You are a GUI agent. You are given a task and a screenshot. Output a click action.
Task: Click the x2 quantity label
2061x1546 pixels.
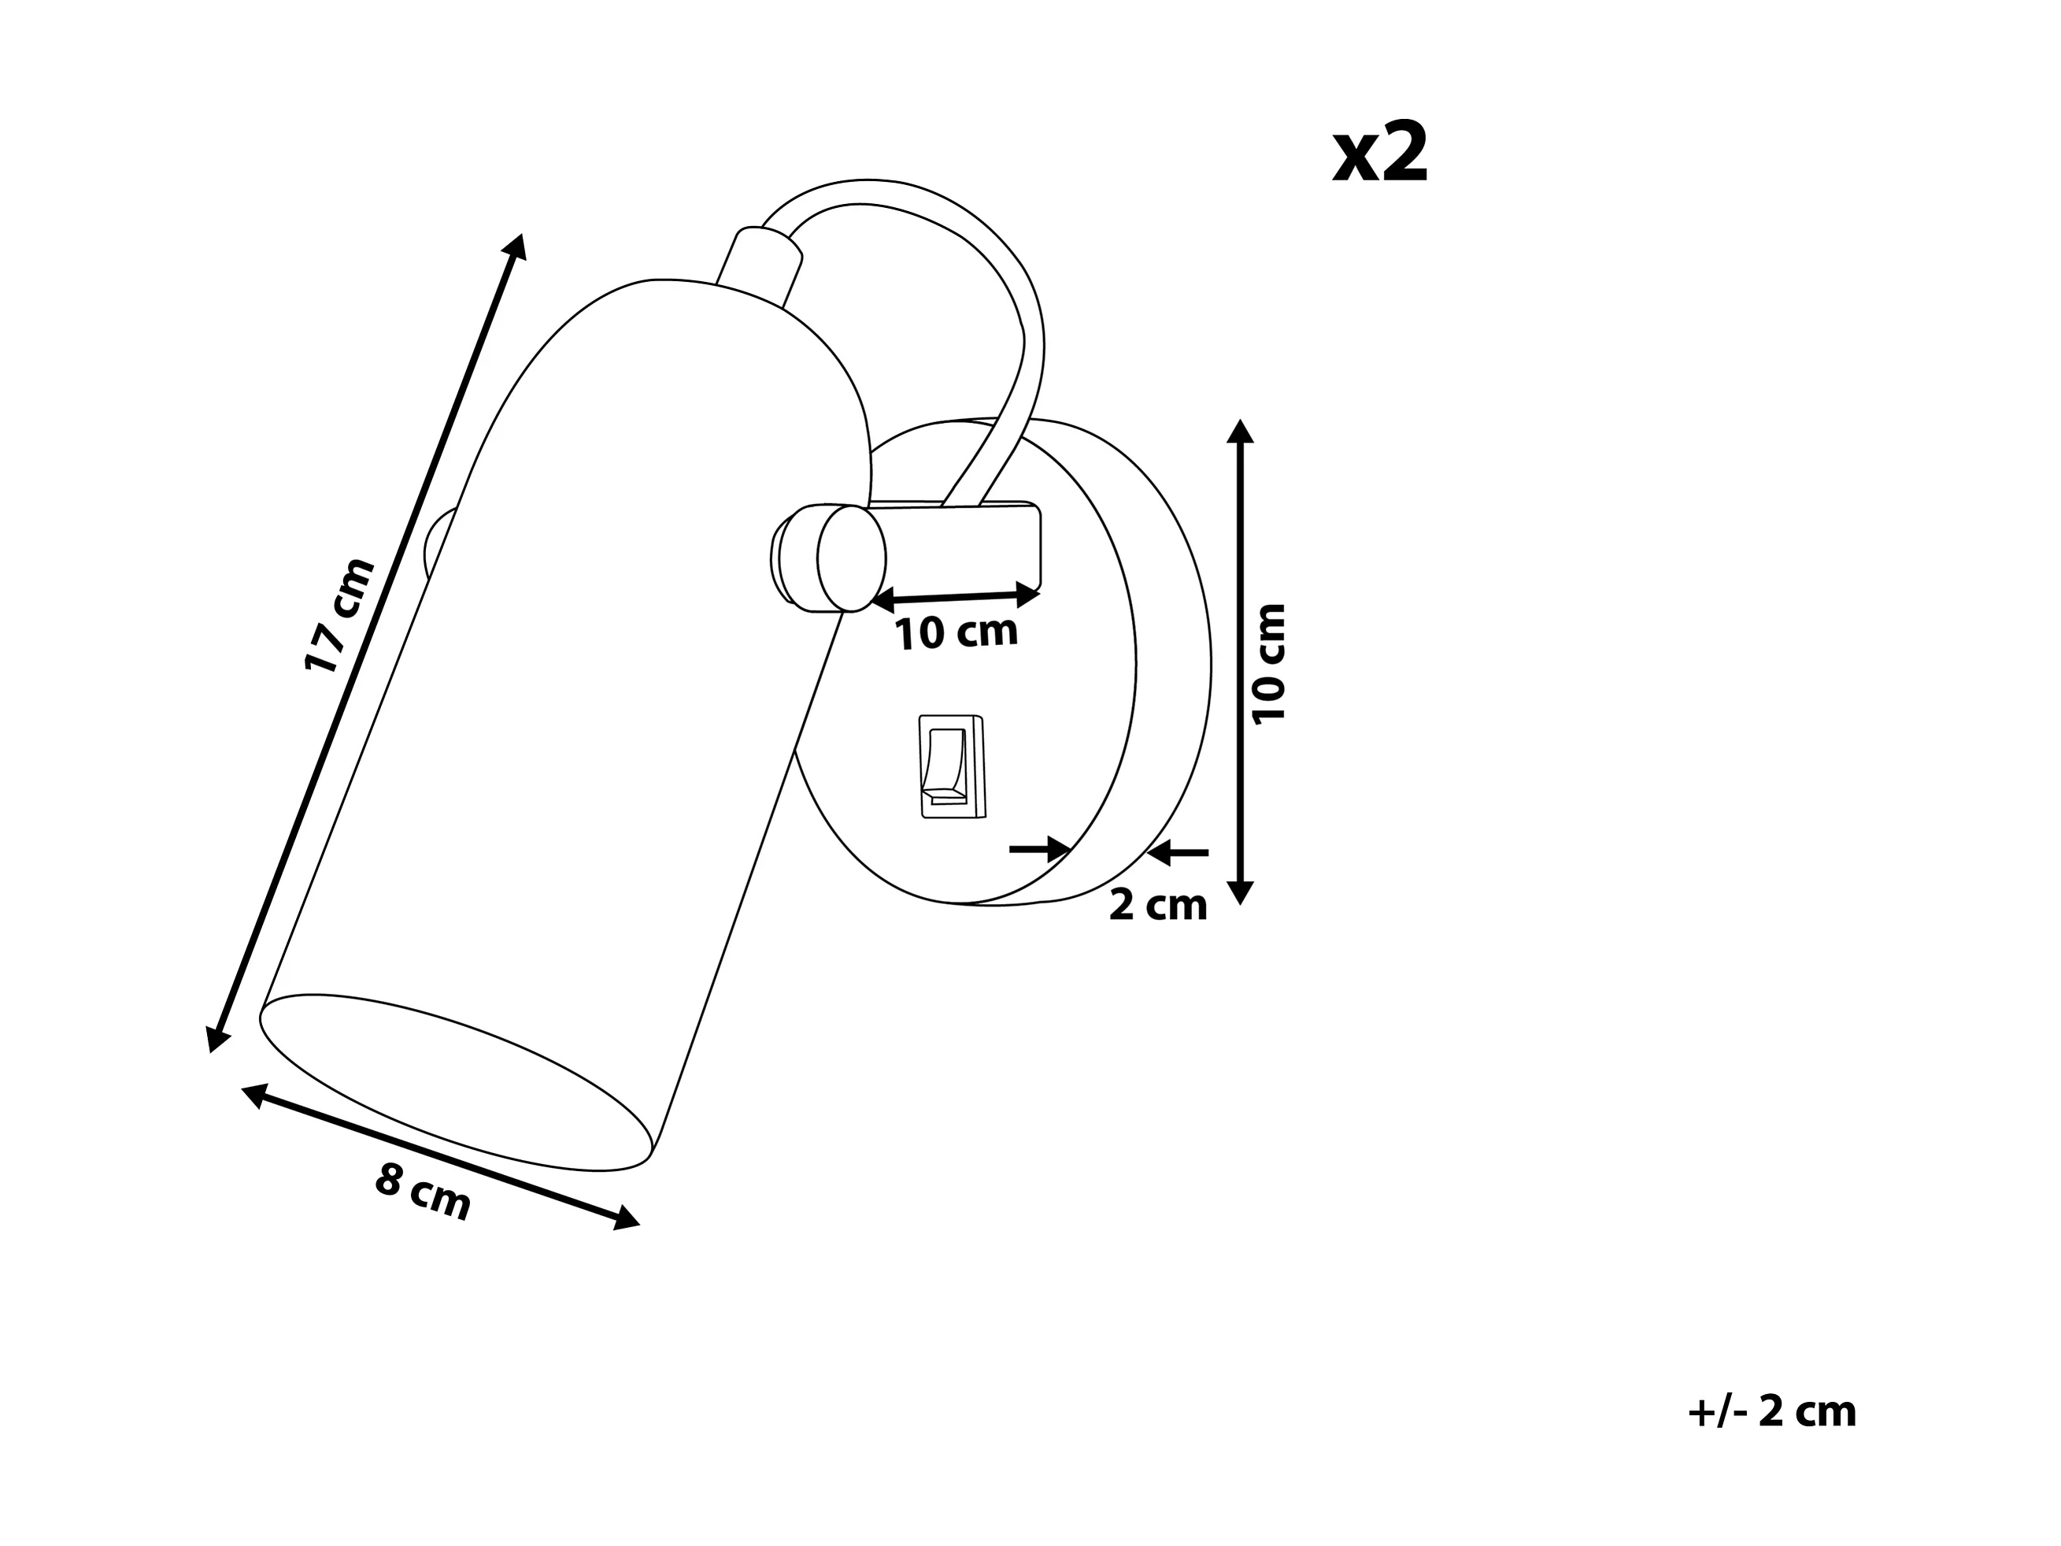1380,154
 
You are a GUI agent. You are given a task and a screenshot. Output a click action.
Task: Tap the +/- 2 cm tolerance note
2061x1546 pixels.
1771,1412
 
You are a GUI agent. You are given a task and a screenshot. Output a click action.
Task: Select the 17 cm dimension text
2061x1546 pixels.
339,614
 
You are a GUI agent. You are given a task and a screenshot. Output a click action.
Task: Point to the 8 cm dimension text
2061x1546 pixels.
423,1193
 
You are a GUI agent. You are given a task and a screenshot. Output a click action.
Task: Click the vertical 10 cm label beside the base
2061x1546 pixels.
1269,662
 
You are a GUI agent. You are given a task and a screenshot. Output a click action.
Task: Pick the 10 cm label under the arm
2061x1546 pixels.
956,632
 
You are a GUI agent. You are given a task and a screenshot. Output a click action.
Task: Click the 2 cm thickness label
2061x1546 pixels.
1157,905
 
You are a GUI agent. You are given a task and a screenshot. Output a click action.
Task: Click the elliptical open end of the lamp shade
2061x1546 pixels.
456,1083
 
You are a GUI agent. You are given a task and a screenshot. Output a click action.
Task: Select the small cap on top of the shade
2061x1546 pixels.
760,269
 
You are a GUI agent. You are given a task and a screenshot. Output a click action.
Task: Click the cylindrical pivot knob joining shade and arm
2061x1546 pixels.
829,558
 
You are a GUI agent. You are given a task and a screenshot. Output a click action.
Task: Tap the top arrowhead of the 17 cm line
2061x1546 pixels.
515,245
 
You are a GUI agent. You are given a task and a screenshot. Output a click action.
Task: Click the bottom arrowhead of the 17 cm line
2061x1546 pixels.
217,1037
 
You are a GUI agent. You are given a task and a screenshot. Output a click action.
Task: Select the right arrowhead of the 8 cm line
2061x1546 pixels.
626,1218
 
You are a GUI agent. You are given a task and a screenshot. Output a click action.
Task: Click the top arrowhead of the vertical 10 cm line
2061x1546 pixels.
1240,431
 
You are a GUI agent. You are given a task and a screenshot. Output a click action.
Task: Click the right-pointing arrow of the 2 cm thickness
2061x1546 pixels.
1041,849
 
